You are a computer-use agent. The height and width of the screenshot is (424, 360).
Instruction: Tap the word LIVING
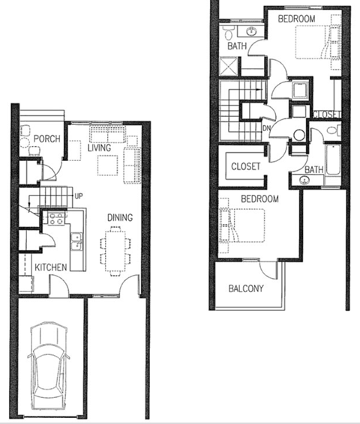click(99, 148)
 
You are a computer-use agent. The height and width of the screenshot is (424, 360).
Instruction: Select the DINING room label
click(119, 218)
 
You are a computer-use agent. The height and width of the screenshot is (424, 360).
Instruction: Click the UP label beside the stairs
click(77, 197)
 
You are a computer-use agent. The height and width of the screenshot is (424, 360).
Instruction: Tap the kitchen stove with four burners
click(55, 219)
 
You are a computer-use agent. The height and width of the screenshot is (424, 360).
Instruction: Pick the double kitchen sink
click(76, 241)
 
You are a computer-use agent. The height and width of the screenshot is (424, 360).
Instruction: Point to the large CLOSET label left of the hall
click(245, 166)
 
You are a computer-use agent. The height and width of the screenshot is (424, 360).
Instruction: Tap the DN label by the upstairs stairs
click(266, 127)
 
